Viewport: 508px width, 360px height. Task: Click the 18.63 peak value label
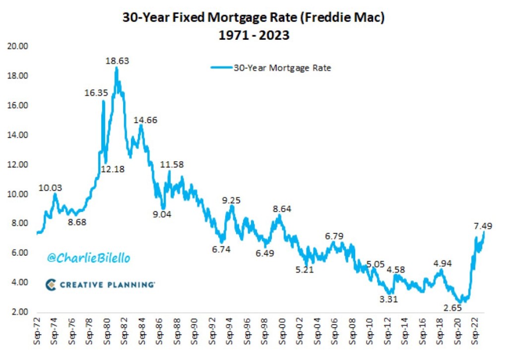tap(118, 61)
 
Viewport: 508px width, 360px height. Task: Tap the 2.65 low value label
tap(453, 308)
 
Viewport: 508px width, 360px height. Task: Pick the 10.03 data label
tap(51, 188)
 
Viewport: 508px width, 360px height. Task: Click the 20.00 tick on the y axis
tap(18, 46)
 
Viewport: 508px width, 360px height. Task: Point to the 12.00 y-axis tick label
tap(18, 164)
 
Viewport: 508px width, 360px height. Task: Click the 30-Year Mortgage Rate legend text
tap(282, 68)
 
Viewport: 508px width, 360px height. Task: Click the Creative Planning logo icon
tap(51, 285)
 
